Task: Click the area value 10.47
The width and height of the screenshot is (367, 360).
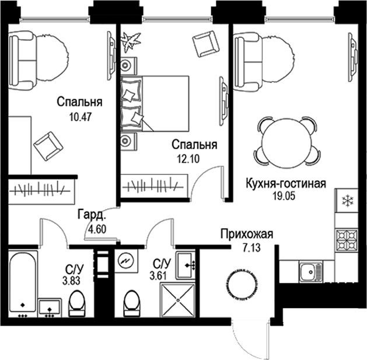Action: coord(80,116)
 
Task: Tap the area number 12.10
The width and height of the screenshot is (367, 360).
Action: coord(187,158)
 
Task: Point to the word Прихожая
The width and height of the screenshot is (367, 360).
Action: coord(246,235)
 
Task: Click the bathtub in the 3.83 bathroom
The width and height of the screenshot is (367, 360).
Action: coord(23,281)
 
